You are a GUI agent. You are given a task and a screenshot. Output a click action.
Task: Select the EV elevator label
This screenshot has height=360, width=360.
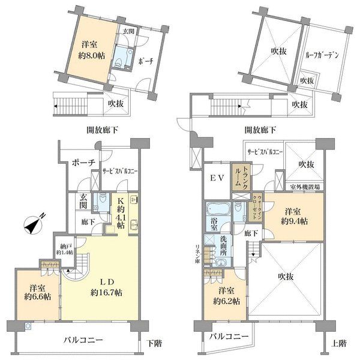click(x=217, y=178)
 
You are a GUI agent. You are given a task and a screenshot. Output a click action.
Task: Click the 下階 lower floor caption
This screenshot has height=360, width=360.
click(x=154, y=344)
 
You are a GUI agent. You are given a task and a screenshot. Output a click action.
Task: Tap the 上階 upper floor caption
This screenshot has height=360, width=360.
click(x=338, y=344)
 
